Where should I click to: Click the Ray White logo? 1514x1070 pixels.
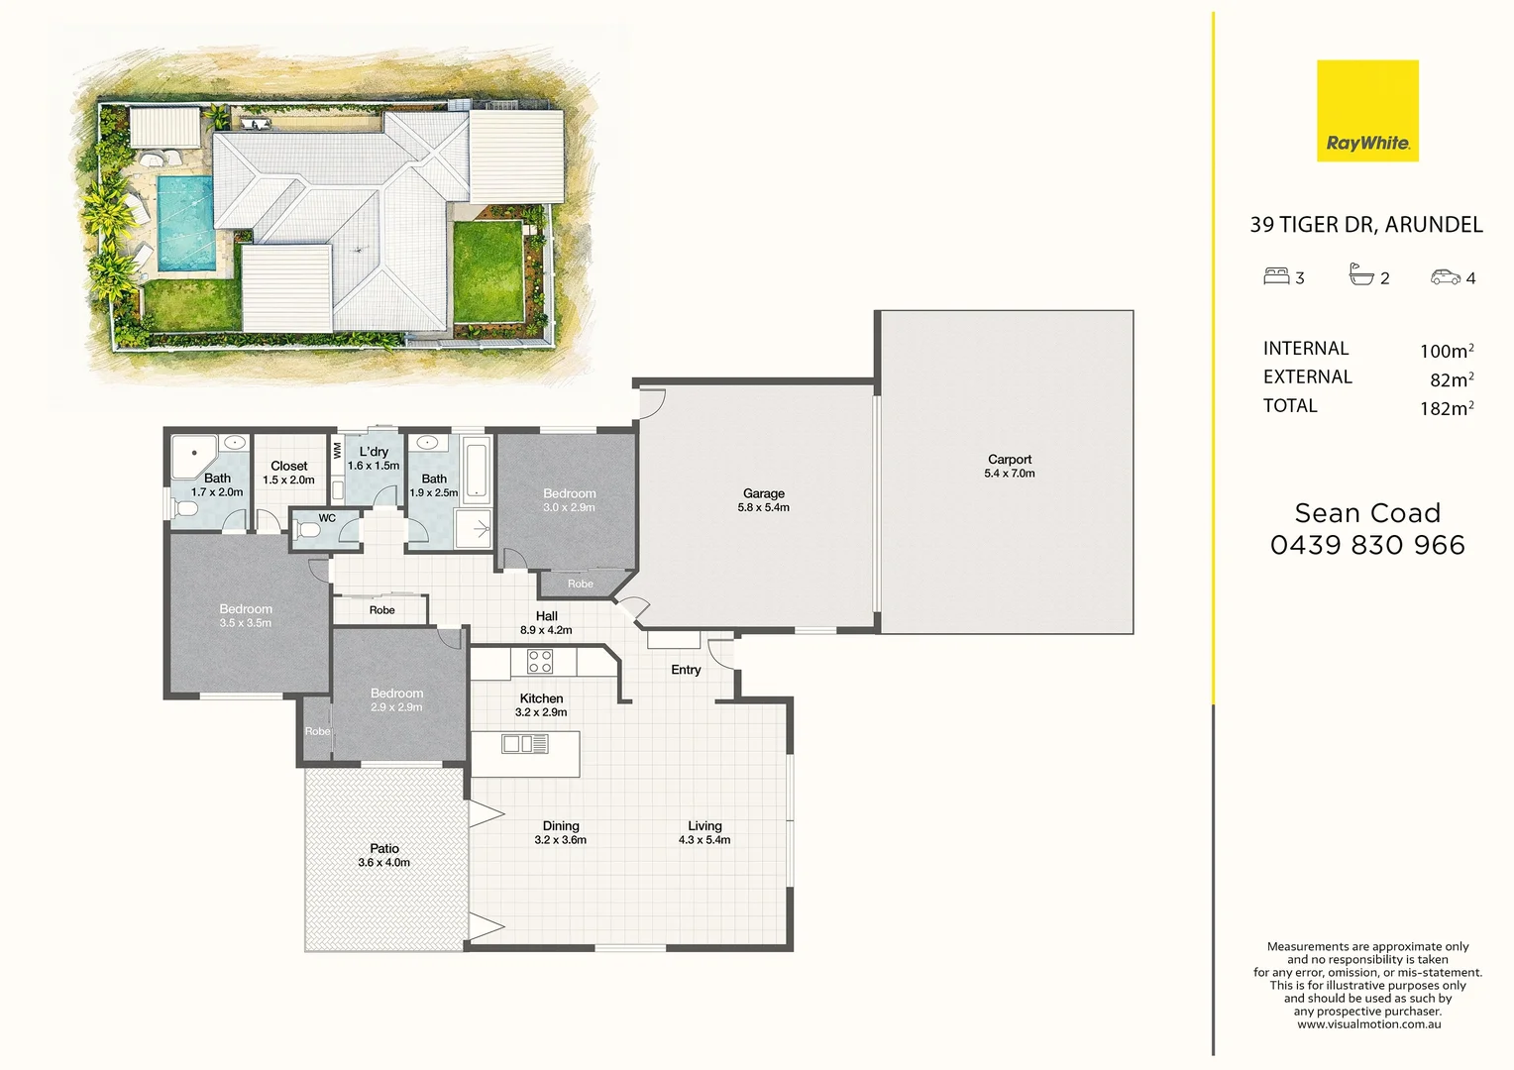pyautogui.click(x=1367, y=111)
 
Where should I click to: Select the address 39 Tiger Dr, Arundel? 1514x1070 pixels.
pyautogui.click(x=1365, y=225)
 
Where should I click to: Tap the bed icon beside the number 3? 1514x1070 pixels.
pyautogui.click(x=1275, y=276)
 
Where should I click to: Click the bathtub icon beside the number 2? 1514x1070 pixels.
pyautogui.click(x=1361, y=275)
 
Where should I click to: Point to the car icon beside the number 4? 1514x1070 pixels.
pyautogui.click(x=1445, y=277)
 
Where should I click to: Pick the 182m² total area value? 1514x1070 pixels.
pyautogui.click(x=1446, y=408)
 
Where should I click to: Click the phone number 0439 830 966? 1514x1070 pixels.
pyautogui.click(x=1367, y=545)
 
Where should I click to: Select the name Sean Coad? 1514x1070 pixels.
pyautogui.click(x=1367, y=513)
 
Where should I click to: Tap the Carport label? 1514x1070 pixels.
pyautogui.click(x=1009, y=460)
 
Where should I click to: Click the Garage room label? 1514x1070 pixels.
pyautogui.click(x=763, y=493)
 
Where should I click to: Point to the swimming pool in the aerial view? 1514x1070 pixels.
pyautogui.click(x=186, y=223)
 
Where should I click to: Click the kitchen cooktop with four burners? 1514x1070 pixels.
pyautogui.click(x=540, y=662)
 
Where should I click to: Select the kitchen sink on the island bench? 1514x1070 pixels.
pyautogui.click(x=525, y=743)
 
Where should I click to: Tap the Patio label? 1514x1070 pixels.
pyautogui.click(x=384, y=849)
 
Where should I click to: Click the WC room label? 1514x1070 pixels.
pyautogui.click(x=327, y=518)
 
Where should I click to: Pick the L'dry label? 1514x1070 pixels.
pyautogui.click(x=374, y=452)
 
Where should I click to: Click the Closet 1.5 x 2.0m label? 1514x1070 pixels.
pyautogui.click(x=288, y=473)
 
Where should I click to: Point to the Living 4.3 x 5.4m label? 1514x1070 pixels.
pyautogui.click(x=704, y=832)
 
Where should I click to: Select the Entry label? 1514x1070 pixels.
pyautogui.click(x=686, y=670)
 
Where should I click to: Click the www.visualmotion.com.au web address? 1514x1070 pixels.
pyautogui.click(x=1368, y=1024)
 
